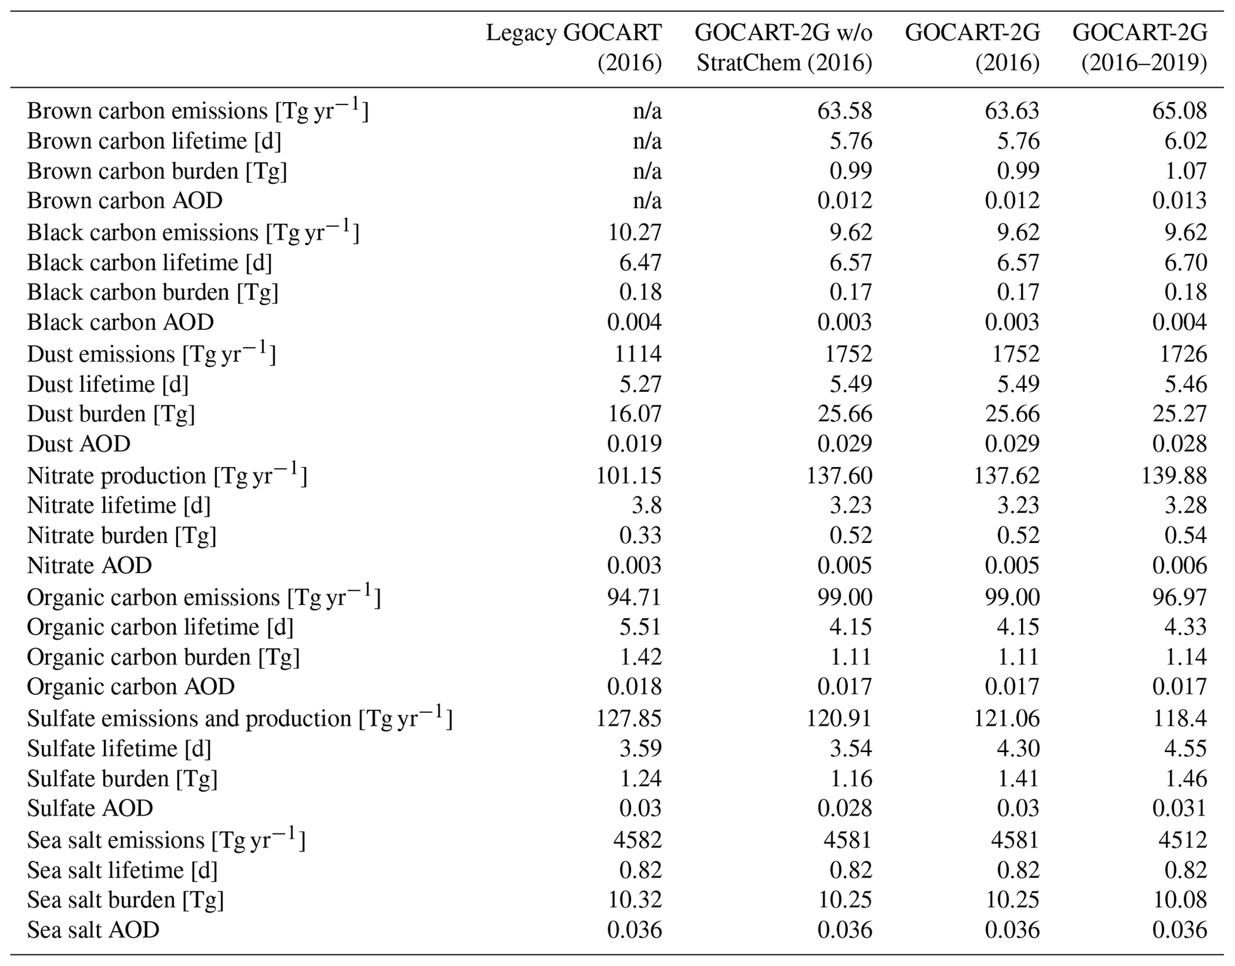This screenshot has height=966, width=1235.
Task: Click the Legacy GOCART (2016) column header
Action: point(574,48)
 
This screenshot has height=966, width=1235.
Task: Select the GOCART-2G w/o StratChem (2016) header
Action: point(783,48)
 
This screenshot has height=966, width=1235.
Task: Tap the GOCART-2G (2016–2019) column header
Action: point(1139,48)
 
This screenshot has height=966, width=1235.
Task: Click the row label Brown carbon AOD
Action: point(125,201)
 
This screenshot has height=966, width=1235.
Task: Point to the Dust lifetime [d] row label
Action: point(108,384)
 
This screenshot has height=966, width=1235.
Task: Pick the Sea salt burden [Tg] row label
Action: point(125,900)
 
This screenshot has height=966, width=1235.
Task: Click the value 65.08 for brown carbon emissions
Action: point(1179,111)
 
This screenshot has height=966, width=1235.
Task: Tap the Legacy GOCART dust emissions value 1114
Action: point(638,354)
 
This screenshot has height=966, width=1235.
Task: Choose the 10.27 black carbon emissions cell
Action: point(635,232)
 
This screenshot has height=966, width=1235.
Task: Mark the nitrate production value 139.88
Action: point(1176,476)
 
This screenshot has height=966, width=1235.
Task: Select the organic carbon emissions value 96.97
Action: point(1179,597)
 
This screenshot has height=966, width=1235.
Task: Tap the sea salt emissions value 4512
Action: point(1182,840)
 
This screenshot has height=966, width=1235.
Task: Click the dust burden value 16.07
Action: point(635,413)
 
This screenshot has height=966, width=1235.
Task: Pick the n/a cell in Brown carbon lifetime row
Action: point(647,141)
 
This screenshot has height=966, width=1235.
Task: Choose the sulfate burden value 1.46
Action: point(1185,778)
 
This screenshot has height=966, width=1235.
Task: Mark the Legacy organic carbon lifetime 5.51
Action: point(641,627)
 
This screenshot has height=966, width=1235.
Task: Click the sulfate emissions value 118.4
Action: point(1179,718)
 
